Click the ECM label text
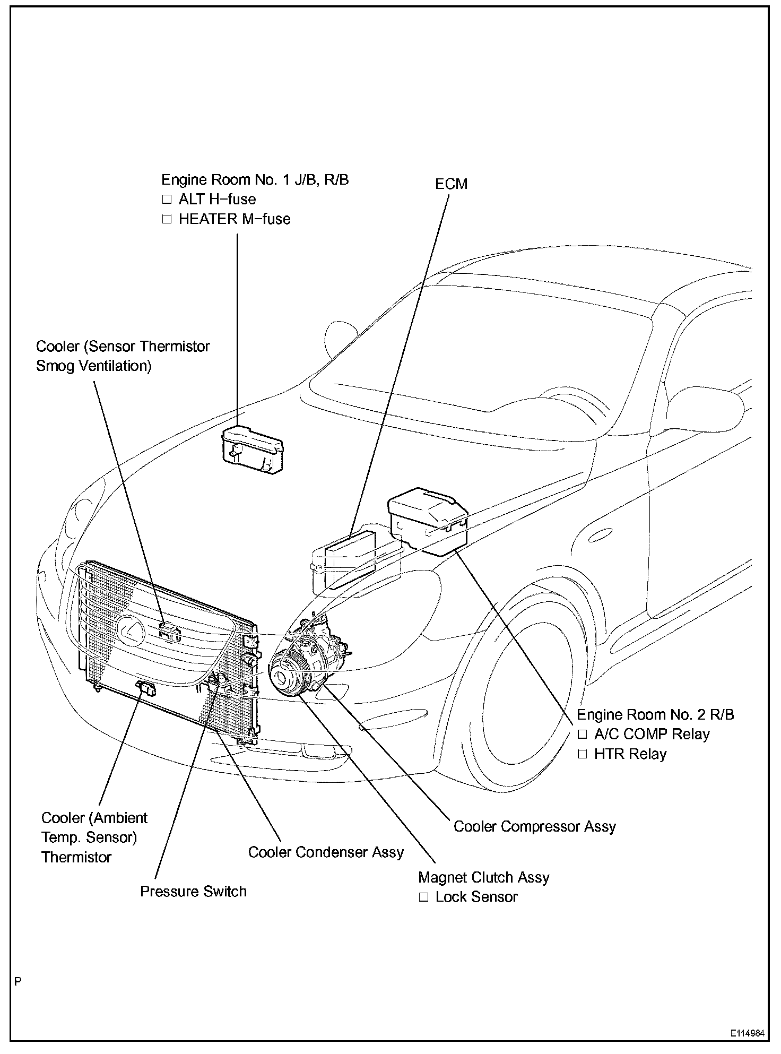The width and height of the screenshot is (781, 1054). [x=451, y=184]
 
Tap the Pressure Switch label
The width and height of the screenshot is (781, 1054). [x=193, y=891]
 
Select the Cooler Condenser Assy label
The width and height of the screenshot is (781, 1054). [x=326, y=852]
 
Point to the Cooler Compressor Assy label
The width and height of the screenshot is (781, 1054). [x=534, y=826]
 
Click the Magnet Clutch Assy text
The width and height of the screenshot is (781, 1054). [x=483, y=877]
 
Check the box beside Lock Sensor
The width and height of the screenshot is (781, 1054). [x=423, y=897]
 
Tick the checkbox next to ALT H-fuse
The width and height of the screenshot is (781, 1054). [x=167, y=200]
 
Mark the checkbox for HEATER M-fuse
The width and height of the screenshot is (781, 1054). [x=167, y=219]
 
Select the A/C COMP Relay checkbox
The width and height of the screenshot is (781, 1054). [x=583, y=735]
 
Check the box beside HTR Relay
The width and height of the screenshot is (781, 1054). [x=583, y=754]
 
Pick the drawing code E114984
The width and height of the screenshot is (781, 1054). [x=747, y=1034]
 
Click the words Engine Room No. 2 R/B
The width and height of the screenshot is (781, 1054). [x=655, y=714]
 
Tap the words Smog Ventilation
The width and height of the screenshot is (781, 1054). [x=93, y=366]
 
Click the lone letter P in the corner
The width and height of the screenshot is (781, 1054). [x=19, y=982]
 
